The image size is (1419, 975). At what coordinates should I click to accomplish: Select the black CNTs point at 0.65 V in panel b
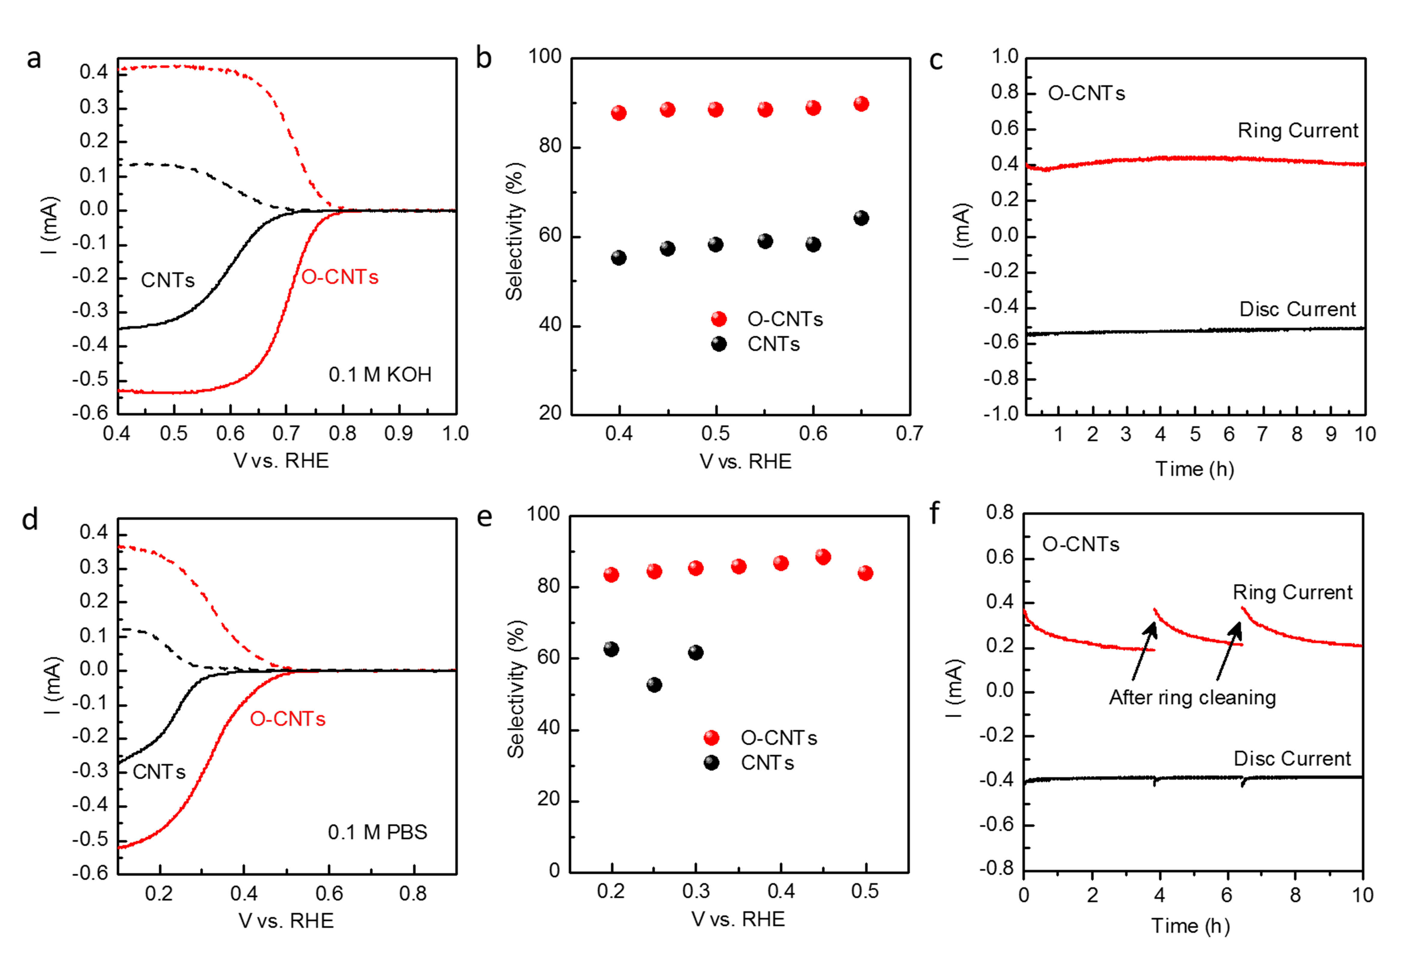[x=861, y=218]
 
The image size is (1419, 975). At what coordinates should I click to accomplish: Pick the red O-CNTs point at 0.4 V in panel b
[x=618, y=112]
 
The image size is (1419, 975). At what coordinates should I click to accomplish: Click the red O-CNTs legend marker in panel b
[x=719, y=319]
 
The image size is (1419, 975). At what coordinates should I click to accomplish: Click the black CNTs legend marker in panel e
[x=711, y=762]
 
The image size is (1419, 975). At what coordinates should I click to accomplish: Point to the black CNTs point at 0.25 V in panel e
[x=654, y=685]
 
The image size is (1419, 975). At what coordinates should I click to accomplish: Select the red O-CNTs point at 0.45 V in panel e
[x=823, y=556]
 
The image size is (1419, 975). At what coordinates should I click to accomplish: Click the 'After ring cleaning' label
[x=1192, y=698]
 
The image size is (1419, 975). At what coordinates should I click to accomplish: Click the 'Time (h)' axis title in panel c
[x=1194, y=469]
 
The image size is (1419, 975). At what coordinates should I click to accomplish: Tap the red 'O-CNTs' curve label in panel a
[x=340, y=277]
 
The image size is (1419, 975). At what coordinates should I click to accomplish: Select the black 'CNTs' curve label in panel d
[x=159, y=772]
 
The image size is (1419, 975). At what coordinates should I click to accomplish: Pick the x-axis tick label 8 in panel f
[x=1295, y=896]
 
